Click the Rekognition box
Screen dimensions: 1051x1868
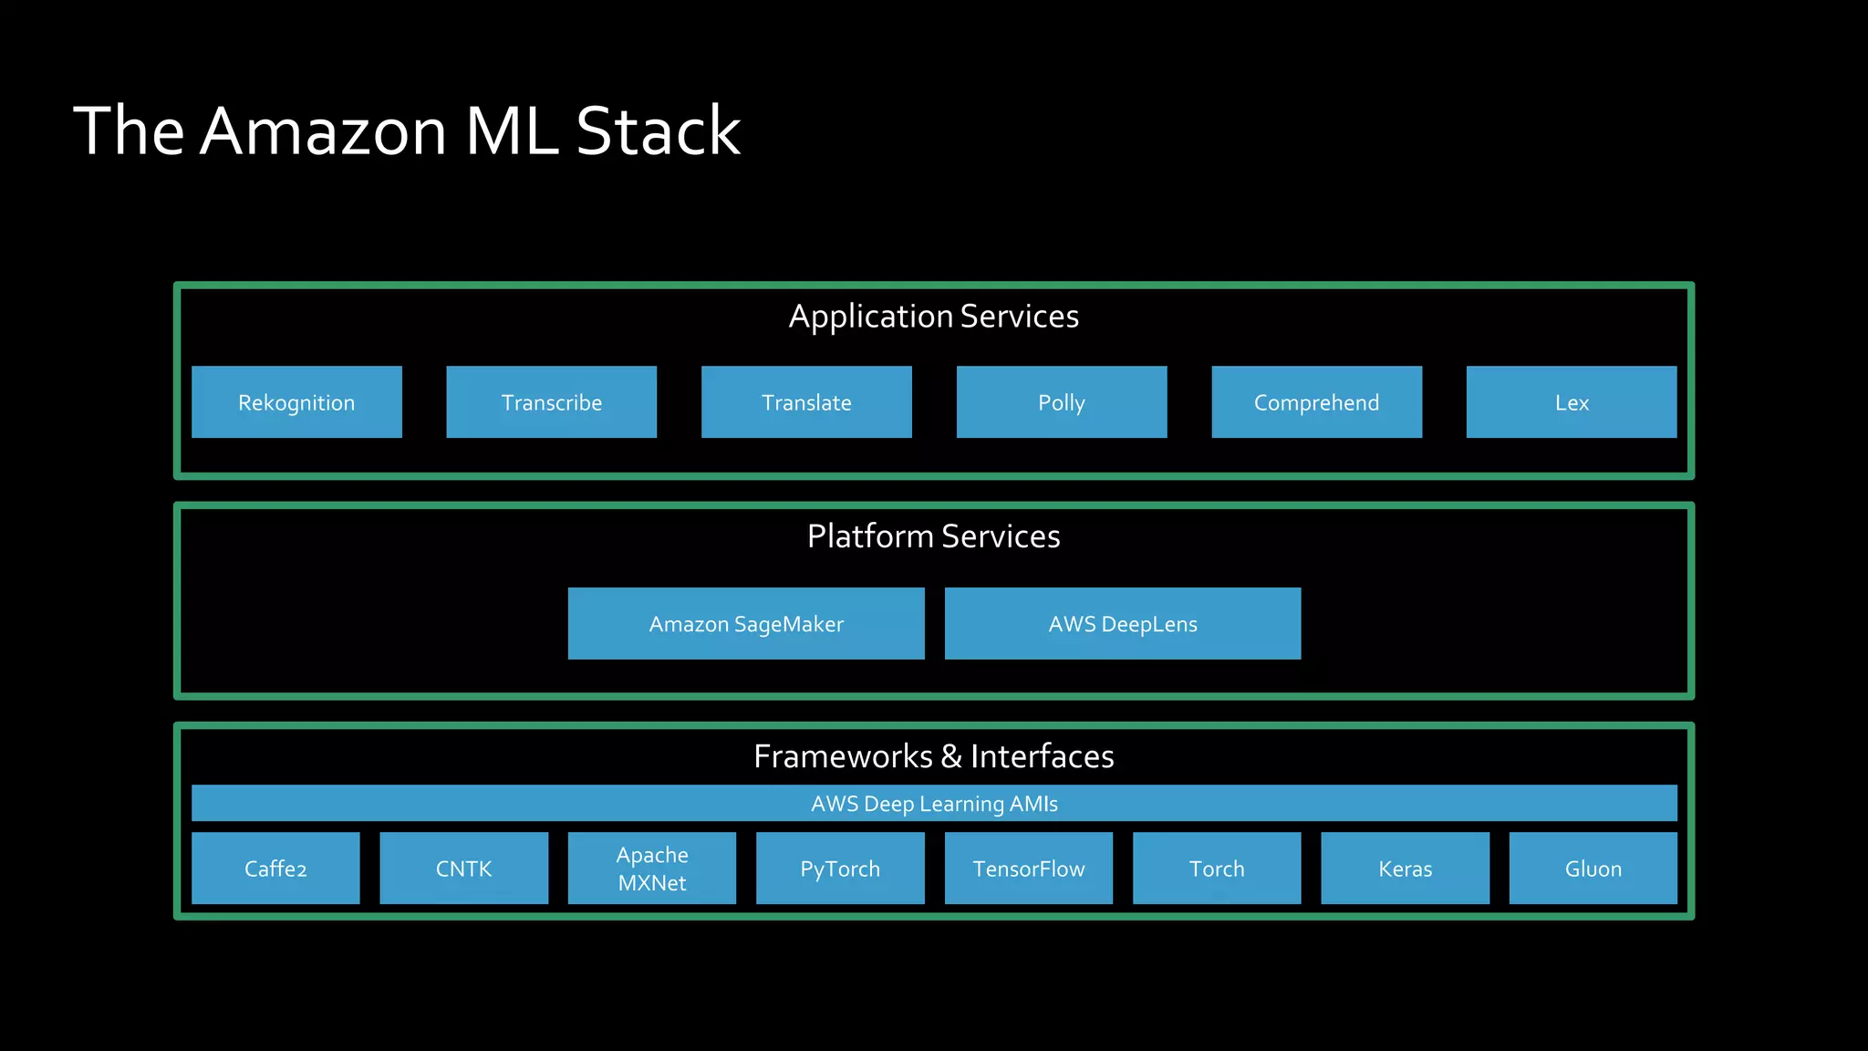296,402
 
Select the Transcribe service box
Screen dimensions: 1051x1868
551,402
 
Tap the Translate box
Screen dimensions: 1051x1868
806,402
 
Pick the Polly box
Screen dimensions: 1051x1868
1062,402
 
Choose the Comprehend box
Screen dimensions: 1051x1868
1316,402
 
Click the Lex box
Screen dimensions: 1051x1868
1571,402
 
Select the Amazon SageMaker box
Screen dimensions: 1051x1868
746,624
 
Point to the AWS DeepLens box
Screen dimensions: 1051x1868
1123,624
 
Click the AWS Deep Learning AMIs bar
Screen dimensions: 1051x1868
934,804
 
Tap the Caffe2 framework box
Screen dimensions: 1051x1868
275,869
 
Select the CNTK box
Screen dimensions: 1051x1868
463,869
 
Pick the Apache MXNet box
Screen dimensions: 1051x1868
652,869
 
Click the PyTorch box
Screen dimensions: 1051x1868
840,869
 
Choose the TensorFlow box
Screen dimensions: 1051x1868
1029,869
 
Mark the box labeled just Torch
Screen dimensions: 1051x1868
1217,869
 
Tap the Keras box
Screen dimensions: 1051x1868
1405,869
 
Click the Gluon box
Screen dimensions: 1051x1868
1593,869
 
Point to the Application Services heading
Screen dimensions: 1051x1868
934,317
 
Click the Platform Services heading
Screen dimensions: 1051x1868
934,536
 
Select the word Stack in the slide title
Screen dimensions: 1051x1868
658,131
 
